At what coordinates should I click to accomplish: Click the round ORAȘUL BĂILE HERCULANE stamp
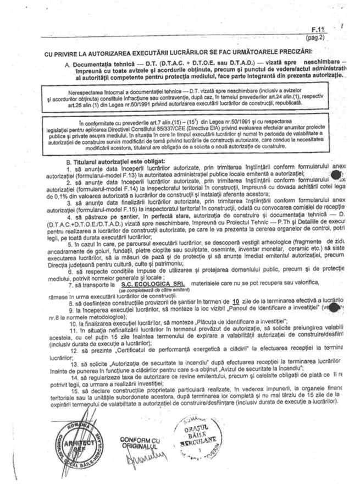(195, 437)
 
